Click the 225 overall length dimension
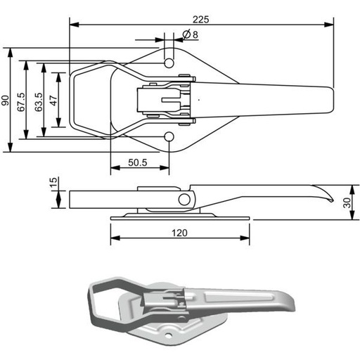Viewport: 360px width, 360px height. (x=200, y=20)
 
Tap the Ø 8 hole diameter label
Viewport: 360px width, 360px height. (x=191, y=34)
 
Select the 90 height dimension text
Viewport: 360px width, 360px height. (x=5, y=101)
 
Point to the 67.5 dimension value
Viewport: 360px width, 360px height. (x=20, y=102)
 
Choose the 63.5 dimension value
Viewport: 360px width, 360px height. (x=39, y=102)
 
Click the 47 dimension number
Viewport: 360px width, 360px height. (x=53, y=101)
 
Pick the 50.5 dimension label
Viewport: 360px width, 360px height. (x=138, y=162)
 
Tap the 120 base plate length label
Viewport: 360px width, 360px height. (x=179, y=233)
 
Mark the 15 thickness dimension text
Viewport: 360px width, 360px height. (x=53, y=182)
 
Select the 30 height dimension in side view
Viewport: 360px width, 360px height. (x=347, y=202)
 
